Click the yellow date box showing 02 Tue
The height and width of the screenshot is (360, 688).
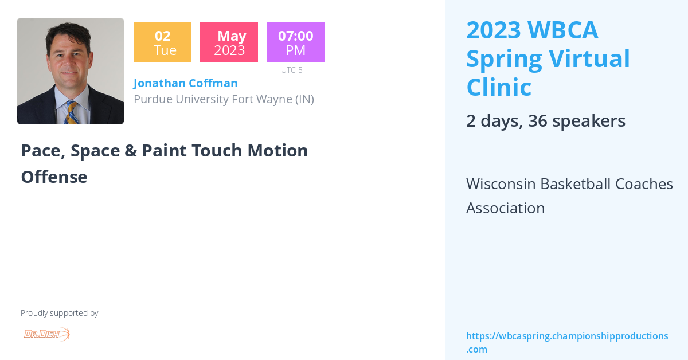click(x=162, y=42)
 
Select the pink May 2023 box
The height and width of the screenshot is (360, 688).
click(x=229, y=42)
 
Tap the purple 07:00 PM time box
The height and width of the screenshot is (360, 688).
click(x=295, y=42)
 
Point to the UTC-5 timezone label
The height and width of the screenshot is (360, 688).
click(x=291, y=71)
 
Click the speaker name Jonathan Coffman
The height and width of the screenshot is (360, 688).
click(x=185, y=83)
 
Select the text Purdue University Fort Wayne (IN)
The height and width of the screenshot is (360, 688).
click(x=224, y=99)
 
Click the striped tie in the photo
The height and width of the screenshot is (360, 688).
click(x=72, y=112)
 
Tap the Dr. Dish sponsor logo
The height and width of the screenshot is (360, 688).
click(x=46, y=334)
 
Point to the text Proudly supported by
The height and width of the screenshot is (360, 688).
click(x=59, y=313)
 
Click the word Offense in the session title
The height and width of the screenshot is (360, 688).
click(x=54, y=177)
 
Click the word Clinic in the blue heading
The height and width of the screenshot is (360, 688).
click(x=499, y=88)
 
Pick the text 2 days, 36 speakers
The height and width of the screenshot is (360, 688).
click(x=545, y=121)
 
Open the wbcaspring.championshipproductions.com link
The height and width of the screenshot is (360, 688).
click(x=566, y=342)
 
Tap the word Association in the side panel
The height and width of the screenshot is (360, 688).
click(x=505, y=208)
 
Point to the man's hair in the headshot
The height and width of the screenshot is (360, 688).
click(x=70, y=32)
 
